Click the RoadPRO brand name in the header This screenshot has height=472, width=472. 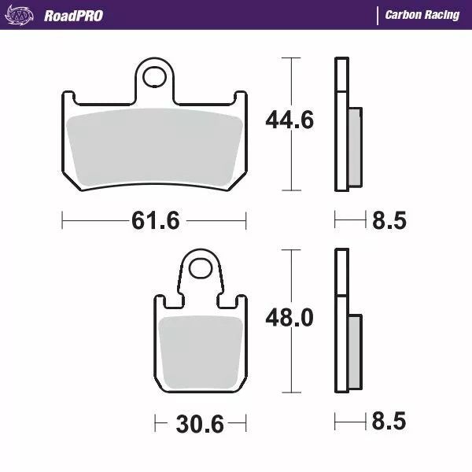(72, 15)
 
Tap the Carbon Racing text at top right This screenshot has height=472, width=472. (422, 15)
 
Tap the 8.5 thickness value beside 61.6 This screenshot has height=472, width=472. (388, 221)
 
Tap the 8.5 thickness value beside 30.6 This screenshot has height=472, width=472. (388, 422)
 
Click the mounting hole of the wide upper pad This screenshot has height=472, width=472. (157, 77)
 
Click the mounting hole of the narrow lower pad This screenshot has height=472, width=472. (201, 270)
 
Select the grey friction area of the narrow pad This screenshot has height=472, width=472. (201, 350)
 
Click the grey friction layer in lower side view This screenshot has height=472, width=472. (355, 350)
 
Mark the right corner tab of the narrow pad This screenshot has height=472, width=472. (242, 301)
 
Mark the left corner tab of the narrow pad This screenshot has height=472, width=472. (159, 301)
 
